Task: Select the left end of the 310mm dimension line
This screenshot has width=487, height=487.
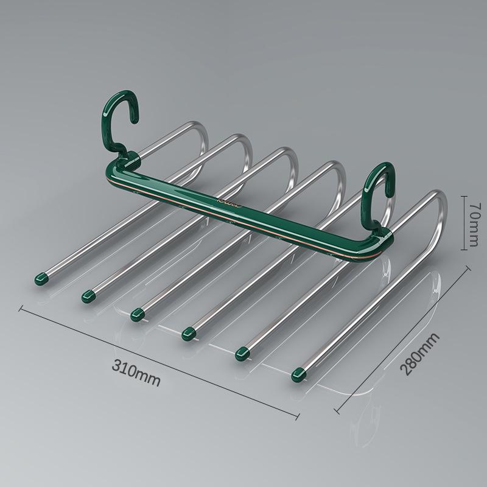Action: pyautogui.click(x=21, y=309)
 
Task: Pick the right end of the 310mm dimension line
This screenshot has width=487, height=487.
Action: pyautogui.click(x=298, y=416)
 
